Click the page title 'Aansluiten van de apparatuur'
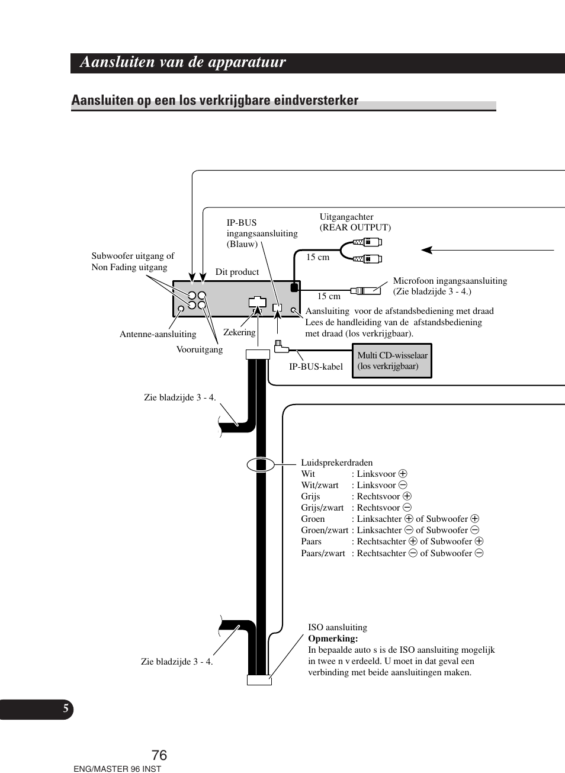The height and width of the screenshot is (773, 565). coord(182,62)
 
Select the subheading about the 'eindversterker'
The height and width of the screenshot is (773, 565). coord(214,100)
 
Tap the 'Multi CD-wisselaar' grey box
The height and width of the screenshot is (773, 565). coord(392,361)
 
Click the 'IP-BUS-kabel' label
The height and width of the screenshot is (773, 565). coord(316,367)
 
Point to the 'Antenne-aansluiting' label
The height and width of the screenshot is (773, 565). coord(158,334)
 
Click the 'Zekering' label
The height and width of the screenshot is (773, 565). coord(239,332)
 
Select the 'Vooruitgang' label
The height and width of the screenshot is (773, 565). coord(200,349)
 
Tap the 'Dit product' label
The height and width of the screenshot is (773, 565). coord(237,272)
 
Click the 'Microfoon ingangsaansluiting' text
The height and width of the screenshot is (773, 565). coord(450,281)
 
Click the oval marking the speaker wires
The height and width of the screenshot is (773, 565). coord(261,464)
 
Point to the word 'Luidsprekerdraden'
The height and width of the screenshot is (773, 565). coord(337,463)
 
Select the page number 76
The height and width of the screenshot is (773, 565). coord(159,755)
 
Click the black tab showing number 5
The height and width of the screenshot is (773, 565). coord(66,708)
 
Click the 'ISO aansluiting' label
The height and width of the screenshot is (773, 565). coord(338,627)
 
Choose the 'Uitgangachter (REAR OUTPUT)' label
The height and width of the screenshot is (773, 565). coord(355,222)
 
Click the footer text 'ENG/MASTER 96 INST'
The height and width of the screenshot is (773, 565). coord(117,769)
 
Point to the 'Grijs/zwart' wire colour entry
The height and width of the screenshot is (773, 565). coord(322,508)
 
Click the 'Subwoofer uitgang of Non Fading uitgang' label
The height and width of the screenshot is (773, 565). coord(133,261)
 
